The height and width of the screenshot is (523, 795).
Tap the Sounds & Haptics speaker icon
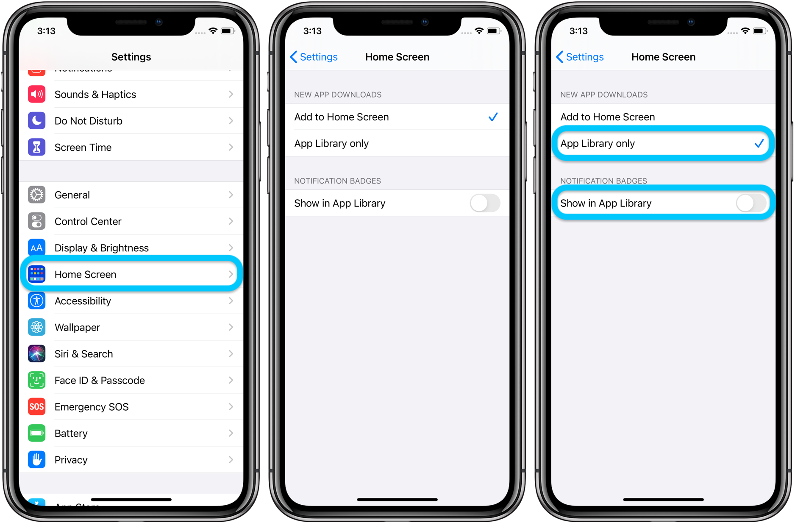pos(37,94)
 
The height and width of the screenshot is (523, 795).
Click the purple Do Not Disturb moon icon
pos(37,121)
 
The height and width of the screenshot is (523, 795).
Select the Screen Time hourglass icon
pos(37,147)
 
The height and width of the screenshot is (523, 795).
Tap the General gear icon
pos(37,195)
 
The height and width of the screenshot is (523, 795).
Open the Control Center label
pos(88,221)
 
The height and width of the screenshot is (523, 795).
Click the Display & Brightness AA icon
pos(37,248)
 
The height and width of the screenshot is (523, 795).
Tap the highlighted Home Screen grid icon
pos(37,274)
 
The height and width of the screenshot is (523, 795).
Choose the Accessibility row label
pos(83,301)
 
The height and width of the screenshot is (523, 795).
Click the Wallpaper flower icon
pos(37,327)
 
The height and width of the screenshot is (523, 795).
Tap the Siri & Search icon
pos(37,354)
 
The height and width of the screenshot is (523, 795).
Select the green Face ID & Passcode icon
pos(37,380)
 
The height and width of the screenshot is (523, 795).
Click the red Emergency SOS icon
pos(37,407)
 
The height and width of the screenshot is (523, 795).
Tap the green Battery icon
pos(37,433)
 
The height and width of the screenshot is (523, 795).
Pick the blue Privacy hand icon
pos(37,460)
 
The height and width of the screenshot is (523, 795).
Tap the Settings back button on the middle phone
pos(314,57)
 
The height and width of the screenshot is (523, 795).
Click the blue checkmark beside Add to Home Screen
pos(493,117)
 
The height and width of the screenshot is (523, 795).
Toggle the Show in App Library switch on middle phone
pos(485,203)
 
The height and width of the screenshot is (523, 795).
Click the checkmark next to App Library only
pos(759,144)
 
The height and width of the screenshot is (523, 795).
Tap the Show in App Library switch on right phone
pos(751,203)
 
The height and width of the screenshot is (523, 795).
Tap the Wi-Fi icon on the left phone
pos(213,31)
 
